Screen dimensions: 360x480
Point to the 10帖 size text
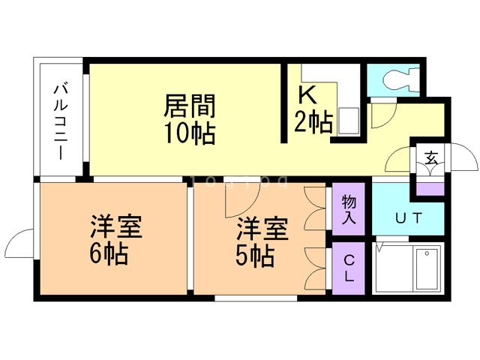click(x=190, y=134)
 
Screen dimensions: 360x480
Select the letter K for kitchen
click(x=307, y=95)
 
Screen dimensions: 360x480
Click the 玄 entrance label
click(x=432, y=158)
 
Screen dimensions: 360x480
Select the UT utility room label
click(x=408, y=218)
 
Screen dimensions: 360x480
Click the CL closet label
click(x=349, y=268)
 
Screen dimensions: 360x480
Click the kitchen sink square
click(x=348, y=121)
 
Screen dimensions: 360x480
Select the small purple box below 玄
click(x=431, y=187)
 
